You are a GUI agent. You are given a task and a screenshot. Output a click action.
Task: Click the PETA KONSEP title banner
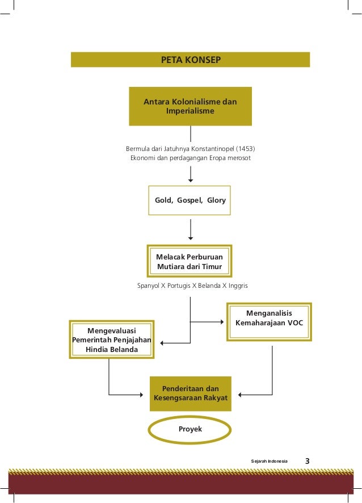click(x=190, y=60)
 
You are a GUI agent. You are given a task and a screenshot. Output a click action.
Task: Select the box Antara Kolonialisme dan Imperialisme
click(x=190, y=106)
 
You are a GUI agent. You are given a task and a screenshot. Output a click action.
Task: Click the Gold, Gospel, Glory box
click(x=190, y=200)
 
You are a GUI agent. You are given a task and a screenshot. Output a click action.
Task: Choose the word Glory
click(x=216, y=200)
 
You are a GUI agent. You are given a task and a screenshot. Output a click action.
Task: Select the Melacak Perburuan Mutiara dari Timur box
click(x=190, y=261)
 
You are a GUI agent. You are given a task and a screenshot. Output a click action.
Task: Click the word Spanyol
click(x=149, y=285)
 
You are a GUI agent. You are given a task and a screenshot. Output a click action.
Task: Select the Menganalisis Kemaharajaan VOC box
click(x=269, y=321)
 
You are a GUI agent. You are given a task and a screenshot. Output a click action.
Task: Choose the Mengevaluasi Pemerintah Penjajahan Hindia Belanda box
click(x=111, y=339)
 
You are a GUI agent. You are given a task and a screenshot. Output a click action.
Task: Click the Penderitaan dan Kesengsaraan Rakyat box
click(x=190, y=393)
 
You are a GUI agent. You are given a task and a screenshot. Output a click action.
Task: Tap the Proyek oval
click(x=190, y=429)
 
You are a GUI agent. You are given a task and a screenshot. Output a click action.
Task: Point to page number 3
click(x=308, y=461)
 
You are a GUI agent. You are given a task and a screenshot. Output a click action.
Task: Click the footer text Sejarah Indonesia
click(x=270, y=462)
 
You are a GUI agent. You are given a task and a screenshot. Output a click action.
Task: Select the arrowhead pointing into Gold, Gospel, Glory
click(x=190, y=183)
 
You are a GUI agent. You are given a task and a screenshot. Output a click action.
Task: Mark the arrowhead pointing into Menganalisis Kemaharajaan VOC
click(x=222, y=322)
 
